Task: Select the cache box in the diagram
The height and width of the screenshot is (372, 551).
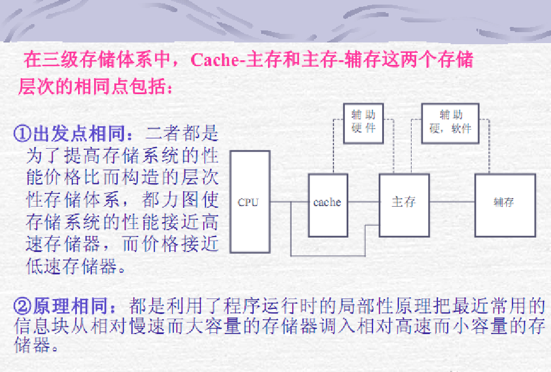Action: coord(328,206)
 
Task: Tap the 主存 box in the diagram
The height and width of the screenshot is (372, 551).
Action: coord(404,205)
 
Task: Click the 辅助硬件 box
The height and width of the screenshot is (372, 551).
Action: coord(363,122)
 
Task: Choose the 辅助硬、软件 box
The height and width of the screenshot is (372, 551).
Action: coord(449,122)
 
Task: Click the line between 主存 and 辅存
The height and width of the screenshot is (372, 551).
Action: coord(452,202)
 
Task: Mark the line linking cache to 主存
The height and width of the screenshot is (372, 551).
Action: coord(363,202)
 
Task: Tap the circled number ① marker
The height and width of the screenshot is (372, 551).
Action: coord(22,134)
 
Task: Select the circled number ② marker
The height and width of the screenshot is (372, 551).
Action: coord(22,305)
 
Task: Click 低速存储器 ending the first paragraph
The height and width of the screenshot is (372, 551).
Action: coord(69,266)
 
